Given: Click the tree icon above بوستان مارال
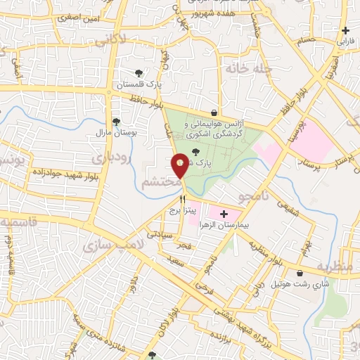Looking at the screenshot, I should coord(116,121).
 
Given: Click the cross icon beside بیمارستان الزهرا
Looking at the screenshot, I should coord(224,214).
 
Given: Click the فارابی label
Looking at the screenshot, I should coord(345,41).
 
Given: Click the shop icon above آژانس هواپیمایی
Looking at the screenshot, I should coord(214,112).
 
